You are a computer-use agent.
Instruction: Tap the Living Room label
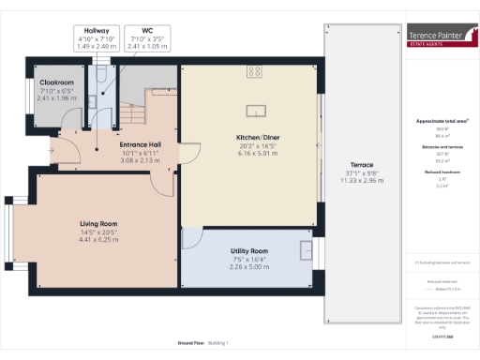(97, 223)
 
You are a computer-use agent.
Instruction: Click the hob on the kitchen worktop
(254, 69)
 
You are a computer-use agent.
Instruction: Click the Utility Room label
(249, 251)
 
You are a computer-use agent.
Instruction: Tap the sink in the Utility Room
(306, 250)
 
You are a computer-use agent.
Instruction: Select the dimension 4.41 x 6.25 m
(97, 240)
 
